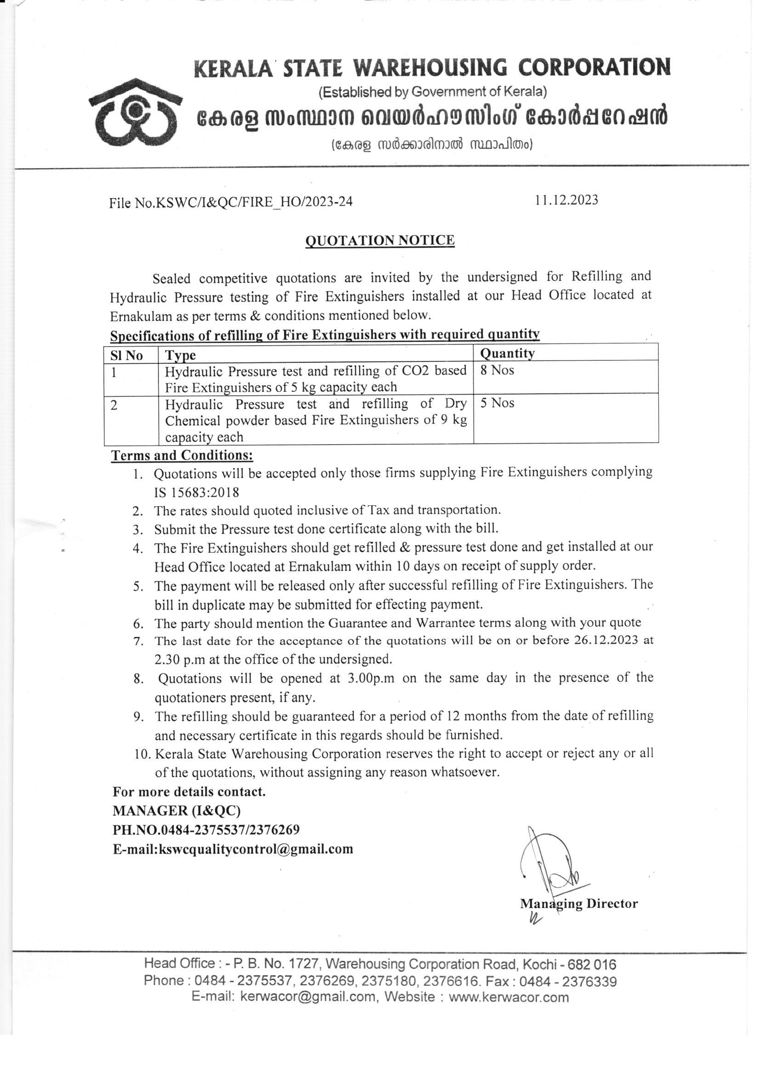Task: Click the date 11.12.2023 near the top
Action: point(566,200)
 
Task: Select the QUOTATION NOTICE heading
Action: point(380,240)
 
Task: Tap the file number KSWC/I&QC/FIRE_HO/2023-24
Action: point(231,202)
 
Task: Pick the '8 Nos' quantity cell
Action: point(497,370)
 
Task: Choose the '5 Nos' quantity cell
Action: point(497,403)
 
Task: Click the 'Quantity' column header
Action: point(507,353)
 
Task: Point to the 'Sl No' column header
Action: point(126,355)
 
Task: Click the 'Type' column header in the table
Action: point(180,355)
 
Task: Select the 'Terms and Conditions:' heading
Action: point(182,456)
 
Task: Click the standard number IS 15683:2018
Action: point(197,492)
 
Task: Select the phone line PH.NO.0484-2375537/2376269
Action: point(206,829)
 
